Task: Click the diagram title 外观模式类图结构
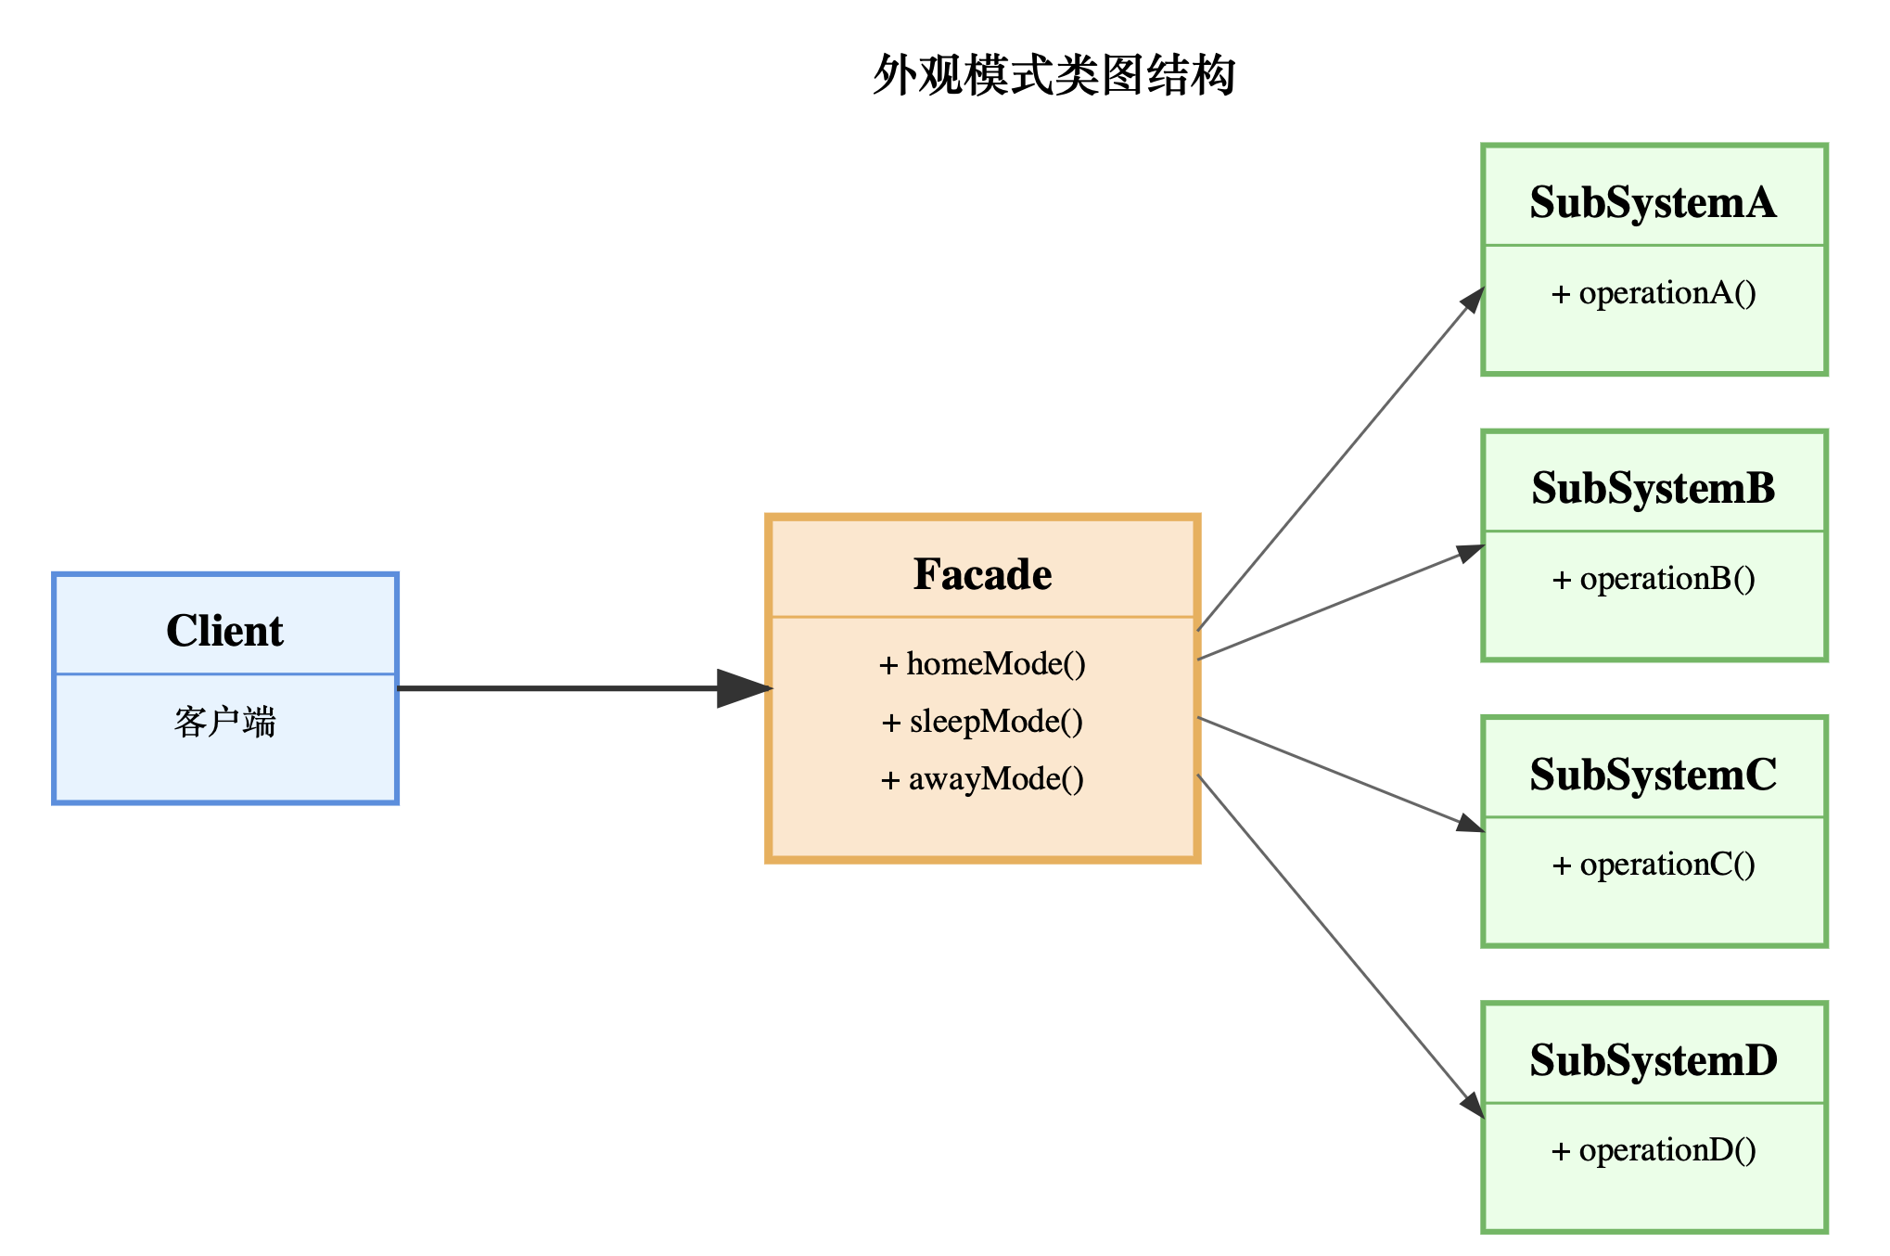[1054, 75]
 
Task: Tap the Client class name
[224, 631]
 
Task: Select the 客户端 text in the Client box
[224, 722]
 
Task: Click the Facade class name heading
[982, 574]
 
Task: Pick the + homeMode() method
[982, 664]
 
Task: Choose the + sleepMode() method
[982, 722]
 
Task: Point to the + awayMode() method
[982, 779]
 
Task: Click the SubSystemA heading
[1653, 202]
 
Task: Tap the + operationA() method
[1653, 293]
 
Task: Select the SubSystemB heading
[1653, 488]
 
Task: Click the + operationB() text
[1653, 579]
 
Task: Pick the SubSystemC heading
[1653, 775]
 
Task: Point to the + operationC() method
[1653, 865]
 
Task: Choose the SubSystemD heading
[1653, 1060]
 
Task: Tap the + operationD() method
[1653, 1150]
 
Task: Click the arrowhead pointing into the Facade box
[744, 688]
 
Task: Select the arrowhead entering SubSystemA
[1473, 301]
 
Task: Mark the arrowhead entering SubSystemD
[1473, 1104]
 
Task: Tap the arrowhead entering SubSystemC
[1470, 824]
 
